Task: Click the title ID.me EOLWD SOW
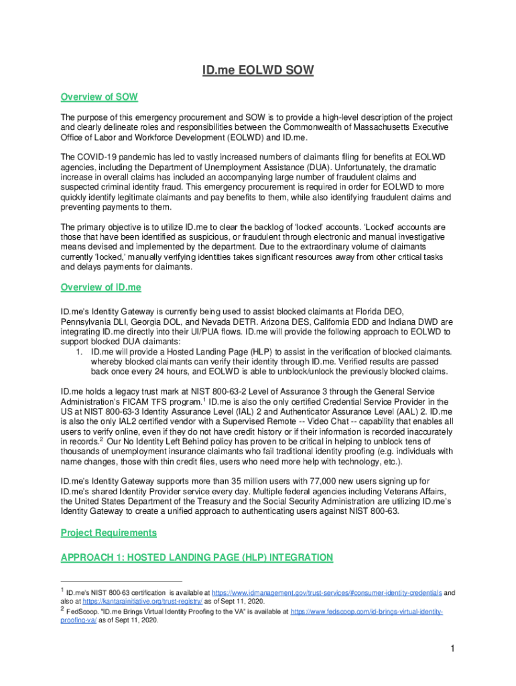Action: tap(258, 70)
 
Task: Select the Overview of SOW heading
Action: tap(99, 97)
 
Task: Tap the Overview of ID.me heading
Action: tap(101, 287)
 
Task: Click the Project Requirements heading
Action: tap(109, 533)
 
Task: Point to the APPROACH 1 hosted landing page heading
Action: tap(196, 557)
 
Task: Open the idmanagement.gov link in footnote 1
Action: tap(326, 593)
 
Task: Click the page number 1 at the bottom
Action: tap(453, 649)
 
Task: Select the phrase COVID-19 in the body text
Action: tap(99, 157)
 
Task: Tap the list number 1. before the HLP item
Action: tap(79, 352)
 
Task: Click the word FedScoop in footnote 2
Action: tap(82, 612)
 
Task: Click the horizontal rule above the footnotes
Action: tap(121, 582)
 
